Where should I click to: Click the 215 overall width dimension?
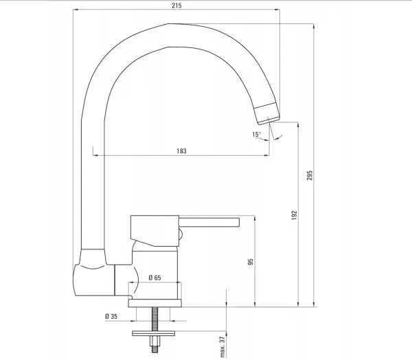tap(177, 4)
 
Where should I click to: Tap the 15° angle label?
tap(256, 134)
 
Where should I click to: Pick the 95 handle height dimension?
tap(251, 262)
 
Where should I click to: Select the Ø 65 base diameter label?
tap(154, 278)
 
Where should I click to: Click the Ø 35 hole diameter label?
tap(111, 316)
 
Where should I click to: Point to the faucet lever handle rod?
tap(209, 221)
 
